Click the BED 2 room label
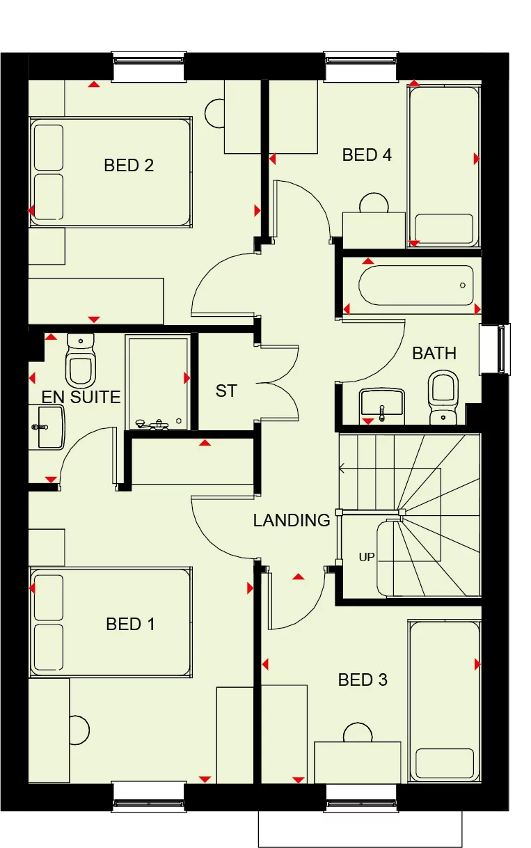click(129, 166)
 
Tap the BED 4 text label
click(367, 155)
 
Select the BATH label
click(434, 354)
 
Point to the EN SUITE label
click(81, 398)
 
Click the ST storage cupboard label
click(226, 391)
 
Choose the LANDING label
click(292, 520)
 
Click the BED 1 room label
click(130, 625)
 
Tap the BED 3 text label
click(363, 680)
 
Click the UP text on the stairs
click(366, 558)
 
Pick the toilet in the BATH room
click(442, 396)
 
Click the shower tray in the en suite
click(157, 382)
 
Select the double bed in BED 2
click(110, 172)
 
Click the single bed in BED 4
click(444, 164)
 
